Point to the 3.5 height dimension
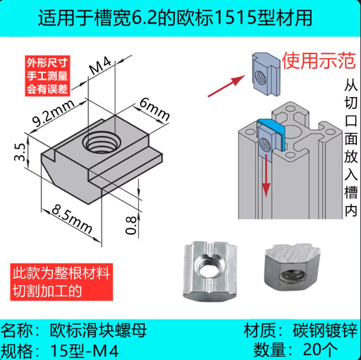tap(21, 152)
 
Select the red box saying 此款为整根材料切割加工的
tap(58, 282)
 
